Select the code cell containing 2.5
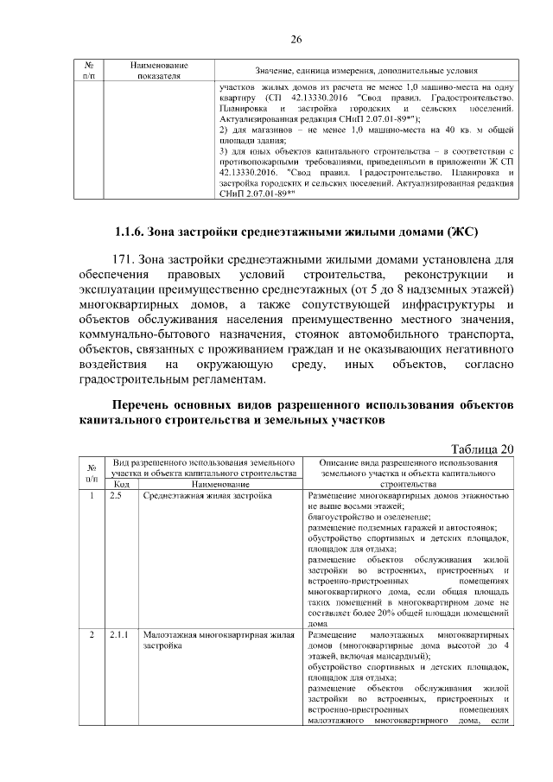click(116, 497)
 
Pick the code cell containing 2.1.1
click(119, 635)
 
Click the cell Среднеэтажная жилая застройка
click(195, 497)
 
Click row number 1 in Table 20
click(92, 497)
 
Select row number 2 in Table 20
click(92, 635)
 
